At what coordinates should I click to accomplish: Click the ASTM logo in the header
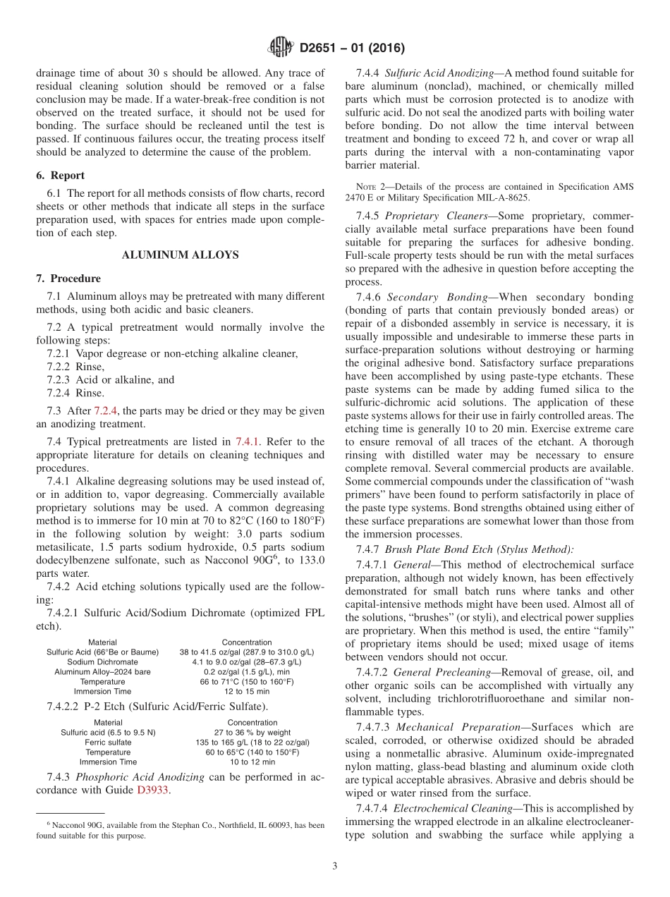[281, 49]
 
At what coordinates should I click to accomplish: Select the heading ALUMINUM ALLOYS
[181, 255]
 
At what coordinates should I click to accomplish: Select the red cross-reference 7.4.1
[247, 441]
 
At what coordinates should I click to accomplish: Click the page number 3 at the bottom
[334, 866]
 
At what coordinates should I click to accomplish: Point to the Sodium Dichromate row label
[102, 662]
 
